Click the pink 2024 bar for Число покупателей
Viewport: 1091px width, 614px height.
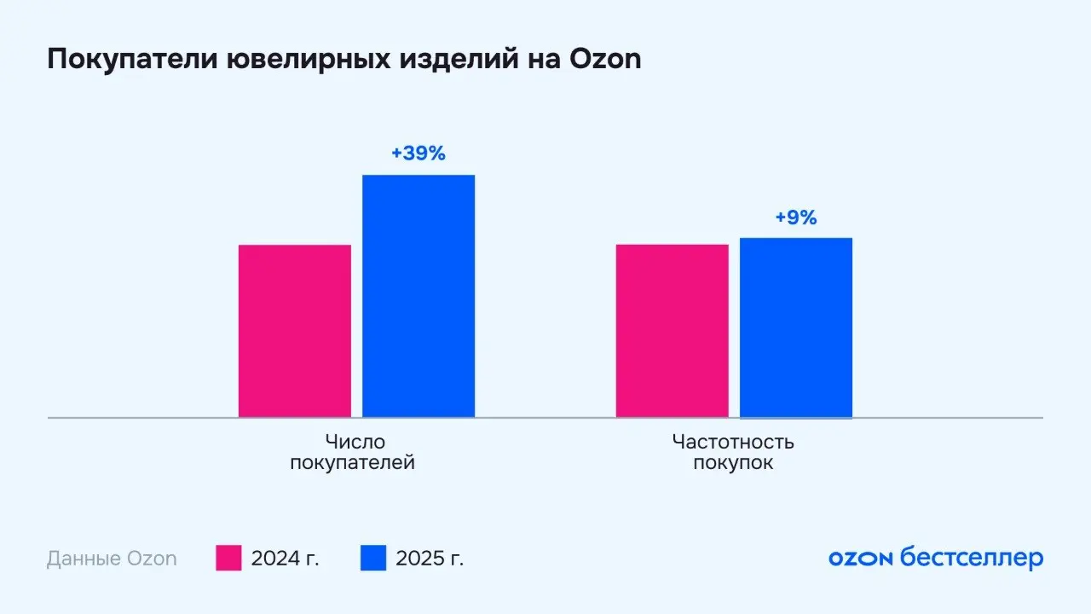pyautogui.click(x=294, y=331)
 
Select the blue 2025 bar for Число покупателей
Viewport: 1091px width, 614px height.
pyautogui.click(x=419, y=296)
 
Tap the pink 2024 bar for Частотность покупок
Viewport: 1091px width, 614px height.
pyautogui.click(x=672, y=331)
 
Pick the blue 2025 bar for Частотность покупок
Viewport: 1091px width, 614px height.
pyautogui.click(x=795, y=327)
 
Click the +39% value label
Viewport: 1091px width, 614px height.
pyautogui.click(x=418, y=154)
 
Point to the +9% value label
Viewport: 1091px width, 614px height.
pyautogui.click(x=795, y=217)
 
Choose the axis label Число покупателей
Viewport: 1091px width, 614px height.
pyautogui.click(x=352, y=453)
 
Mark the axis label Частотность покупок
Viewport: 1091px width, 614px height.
pyautogui.click(x=733, y=453)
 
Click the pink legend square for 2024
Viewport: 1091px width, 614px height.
pyautogui.click(x=228, y=559)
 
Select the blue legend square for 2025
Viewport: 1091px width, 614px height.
pyautogui.click(x=373, y=559)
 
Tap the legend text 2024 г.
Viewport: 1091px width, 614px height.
pyautogui.click(x=285, y=559)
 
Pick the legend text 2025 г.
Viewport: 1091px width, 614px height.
pyautogui.click(x=430, y=559)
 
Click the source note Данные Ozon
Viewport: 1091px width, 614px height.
pyautogui.click(x=112, y=559)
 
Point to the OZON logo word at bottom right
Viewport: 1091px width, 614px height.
pyautogui.click(x=860, y=559)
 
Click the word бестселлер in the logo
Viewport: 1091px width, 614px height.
pyautogui.click(x=972, y=559)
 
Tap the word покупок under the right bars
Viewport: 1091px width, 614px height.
pyautogui.click(x=733, y=464)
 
